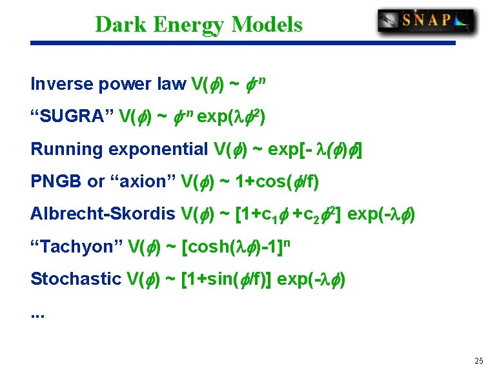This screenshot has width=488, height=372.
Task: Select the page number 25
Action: point(478,360)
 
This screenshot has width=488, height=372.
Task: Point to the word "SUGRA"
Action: point(72,117)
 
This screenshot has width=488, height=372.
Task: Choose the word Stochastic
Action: point(75,279)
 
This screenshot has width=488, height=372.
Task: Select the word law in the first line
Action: point(172,85)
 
